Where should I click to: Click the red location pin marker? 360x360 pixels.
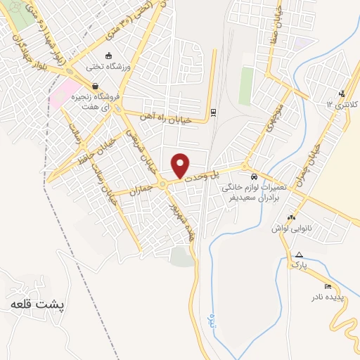(x=181, y=165)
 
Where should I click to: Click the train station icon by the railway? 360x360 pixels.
(x=213, y=112)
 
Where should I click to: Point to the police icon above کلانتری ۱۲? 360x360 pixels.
(x=342, y=94)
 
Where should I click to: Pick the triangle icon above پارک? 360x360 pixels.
(x=300, y=255)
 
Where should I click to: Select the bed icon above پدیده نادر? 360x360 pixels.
(x=328, y=286)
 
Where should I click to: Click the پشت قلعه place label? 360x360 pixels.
(x=36, y=306)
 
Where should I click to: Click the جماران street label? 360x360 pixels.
(x=141, y=188)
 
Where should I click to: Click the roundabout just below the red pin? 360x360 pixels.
(x=162, y=184)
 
